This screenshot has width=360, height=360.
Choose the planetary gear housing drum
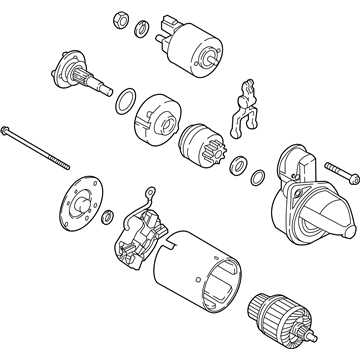pyautogui.click(x=156, y=115)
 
